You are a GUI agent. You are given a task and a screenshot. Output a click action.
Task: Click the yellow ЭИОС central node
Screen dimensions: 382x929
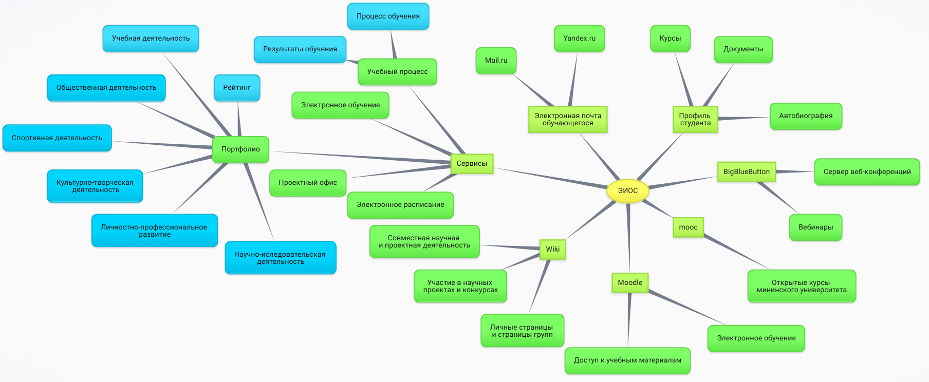click(x=627, y=190)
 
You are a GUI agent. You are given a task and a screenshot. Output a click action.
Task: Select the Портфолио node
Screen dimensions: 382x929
click(x=240, y=149)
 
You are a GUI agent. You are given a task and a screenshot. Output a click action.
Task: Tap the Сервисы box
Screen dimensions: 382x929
click(x=472, y=164)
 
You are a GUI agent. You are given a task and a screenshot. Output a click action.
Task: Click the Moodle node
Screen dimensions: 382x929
click(x=630, y=283)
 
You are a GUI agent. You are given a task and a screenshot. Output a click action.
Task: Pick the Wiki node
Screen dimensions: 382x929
click(x=552, y=250)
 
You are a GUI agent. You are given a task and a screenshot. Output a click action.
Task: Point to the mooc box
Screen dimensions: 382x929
click(x=688, y=227)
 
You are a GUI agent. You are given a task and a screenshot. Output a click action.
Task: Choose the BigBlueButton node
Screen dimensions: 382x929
click(x=746, y=172)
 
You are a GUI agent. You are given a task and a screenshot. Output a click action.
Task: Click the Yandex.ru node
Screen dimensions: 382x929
click(x=579, y=39)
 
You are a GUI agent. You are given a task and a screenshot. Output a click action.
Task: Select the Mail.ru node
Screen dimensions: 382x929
click(x=496, y=61)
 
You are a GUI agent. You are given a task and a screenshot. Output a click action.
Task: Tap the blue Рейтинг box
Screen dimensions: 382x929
click(x=237, y=88)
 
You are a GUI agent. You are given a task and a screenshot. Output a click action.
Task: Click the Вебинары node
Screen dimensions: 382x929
click(x=815, y=227)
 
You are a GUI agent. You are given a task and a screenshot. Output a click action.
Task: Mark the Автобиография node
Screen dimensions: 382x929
click(x=806, y=116)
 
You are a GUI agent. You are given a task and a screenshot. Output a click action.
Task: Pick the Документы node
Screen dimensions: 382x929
click(x=743, y=49)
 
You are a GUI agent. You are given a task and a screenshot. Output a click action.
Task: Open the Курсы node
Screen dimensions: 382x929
click(x=670, y=39)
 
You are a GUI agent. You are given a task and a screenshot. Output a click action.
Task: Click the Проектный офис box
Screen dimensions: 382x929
click(x=308, y=183)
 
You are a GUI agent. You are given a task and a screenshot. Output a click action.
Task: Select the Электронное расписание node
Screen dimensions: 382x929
click(x=400, y=205)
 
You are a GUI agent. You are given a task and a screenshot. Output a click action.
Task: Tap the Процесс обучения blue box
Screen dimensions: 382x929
click(x=388, y=16)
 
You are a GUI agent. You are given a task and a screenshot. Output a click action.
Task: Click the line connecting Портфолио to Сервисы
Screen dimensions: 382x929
click(x=360, y=157)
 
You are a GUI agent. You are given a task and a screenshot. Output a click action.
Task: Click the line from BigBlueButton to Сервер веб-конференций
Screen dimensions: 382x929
click(x=795, y=172)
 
